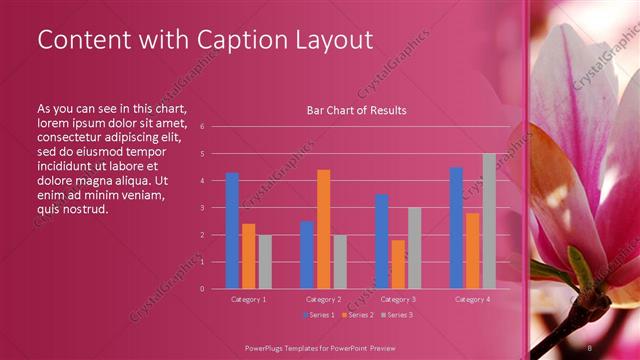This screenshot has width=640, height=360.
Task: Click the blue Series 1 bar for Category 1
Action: coord(232,230)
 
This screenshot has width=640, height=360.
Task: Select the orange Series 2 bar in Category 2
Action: coord(323,229)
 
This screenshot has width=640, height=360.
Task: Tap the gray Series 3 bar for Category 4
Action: coord(488,221)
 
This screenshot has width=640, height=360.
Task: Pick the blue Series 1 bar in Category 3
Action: coord(381,241)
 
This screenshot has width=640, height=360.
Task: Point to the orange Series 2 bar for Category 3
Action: coord(398,264)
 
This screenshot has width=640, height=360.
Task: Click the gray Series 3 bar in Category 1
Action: coord(264,262)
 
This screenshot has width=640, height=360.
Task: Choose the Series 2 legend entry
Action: coord(358,315)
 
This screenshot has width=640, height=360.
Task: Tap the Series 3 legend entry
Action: coord(396,315)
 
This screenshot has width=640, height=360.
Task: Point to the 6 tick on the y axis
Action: coord(202,127)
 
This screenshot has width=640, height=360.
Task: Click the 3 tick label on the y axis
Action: coord(202,208)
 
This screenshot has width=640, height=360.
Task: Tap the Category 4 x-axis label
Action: coord(472,299)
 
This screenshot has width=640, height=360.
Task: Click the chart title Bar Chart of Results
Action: coord(356,110)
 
